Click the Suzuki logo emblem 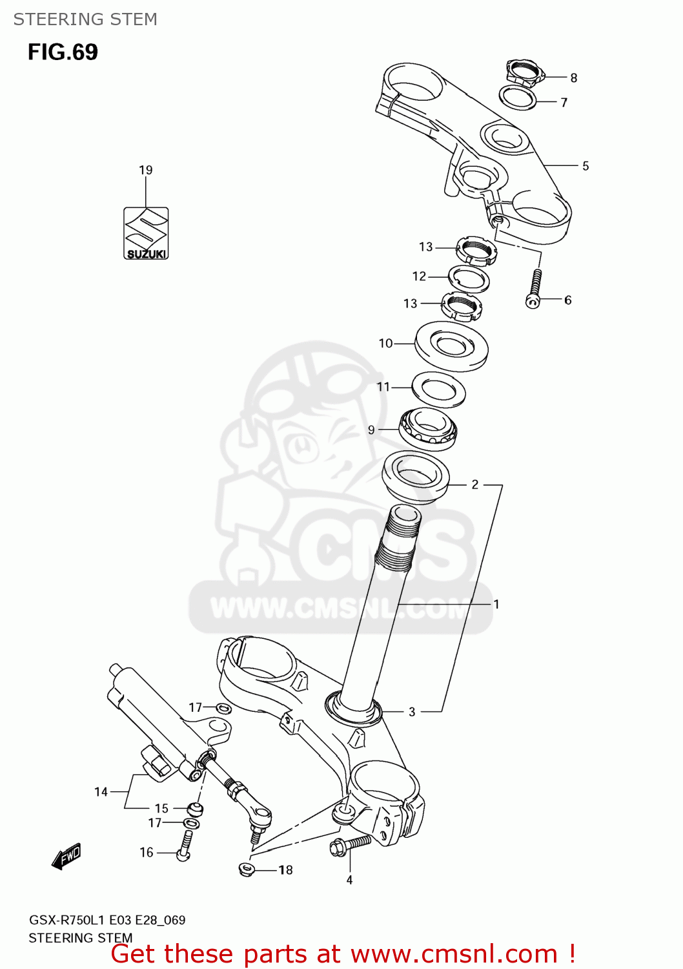coord(146,233)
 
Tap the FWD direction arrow coord(66,857)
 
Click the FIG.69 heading coord(63,52)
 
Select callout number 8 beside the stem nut coord(573,78)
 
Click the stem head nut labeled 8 coord(525,72)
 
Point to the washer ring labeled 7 coord(518,98)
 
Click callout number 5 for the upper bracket coord(586,166)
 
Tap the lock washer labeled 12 coord(469,278)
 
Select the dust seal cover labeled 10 coord(451,346)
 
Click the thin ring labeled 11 coord(438,390)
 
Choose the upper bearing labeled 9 coord(427,429)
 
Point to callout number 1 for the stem coord(496,604)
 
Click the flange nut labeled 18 coord(246,869)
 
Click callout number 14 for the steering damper coord(101,792)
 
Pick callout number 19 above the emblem coord(146,171)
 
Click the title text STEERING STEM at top coord(85,19)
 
